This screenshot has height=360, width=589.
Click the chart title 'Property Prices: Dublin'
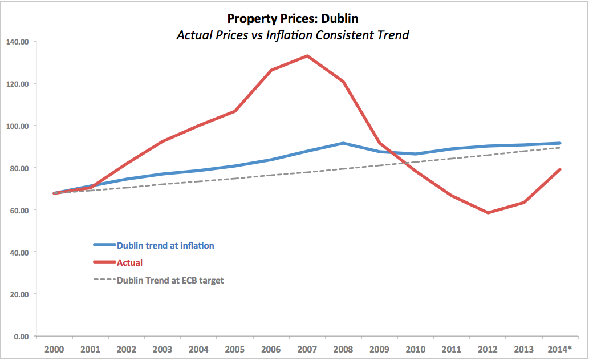[293, 18]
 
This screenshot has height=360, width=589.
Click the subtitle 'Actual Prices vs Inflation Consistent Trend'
[293, 35]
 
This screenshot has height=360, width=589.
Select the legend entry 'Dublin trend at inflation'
[165, 245]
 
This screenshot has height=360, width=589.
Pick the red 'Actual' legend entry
[129, 263]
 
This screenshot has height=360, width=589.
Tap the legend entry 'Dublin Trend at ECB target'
[170, 281]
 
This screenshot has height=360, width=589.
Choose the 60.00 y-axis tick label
[18, 210]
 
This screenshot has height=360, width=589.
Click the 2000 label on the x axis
[54, 349]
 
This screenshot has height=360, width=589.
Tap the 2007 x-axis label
[307, 349]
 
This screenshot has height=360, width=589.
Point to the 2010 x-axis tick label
[416, 349]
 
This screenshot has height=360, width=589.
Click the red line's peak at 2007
[307, 56]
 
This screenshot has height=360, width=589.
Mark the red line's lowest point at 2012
[488, 213]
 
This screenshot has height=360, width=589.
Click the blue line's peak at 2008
[343, 143]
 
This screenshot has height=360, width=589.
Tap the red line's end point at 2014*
[560, 169]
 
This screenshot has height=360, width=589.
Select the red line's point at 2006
[271, 70]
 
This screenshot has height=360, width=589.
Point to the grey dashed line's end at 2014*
[560, 148]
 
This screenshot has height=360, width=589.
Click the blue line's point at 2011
[452, 149]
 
